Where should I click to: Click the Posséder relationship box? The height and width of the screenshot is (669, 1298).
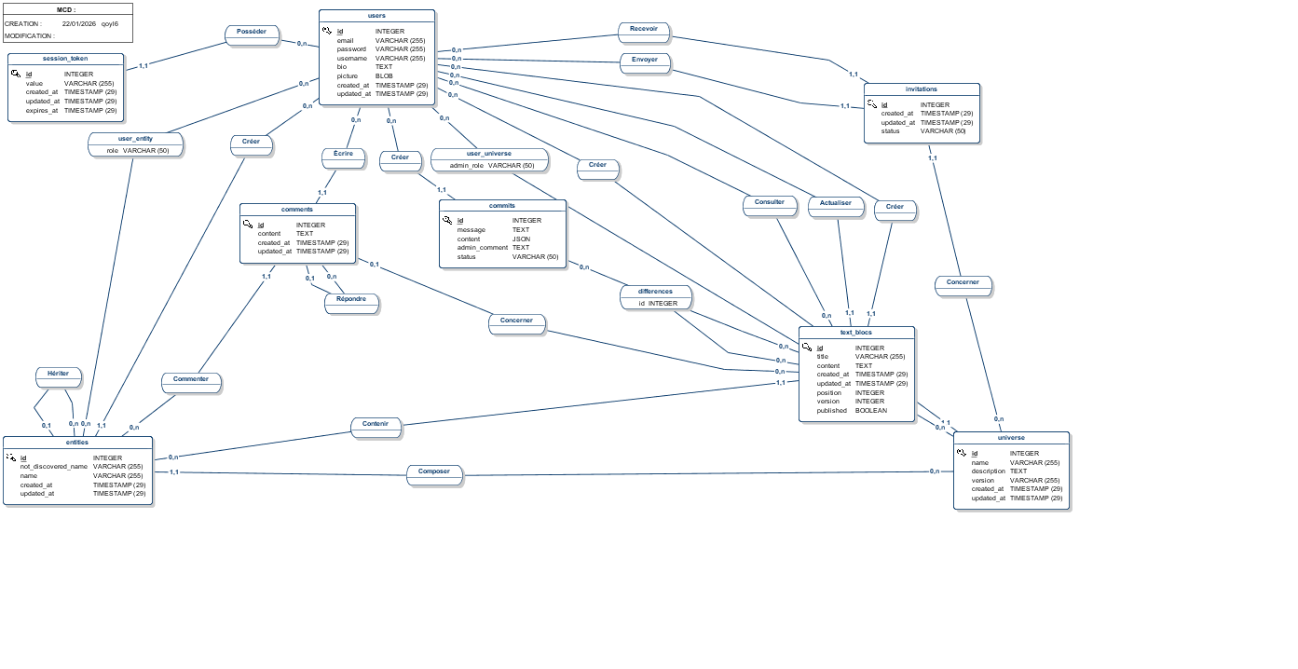click(x=253, y=35)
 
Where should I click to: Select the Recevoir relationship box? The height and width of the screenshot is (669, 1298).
click(x=644, y=33)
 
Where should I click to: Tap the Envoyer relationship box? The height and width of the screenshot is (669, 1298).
click(x=645, y=63)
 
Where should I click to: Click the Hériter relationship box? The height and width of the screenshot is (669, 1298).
click(x=59, y=377)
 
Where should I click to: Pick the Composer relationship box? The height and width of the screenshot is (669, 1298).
click(x=434, y=475)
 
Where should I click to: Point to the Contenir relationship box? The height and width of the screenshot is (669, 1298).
click(x=376, y=428)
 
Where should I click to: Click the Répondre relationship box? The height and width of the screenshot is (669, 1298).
click(x=351, y=303)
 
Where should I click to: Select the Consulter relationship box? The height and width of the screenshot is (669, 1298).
click(x=770, y=206)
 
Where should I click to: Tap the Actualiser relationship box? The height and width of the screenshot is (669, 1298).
click(x=836, y=207)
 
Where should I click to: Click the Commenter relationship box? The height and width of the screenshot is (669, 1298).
click(x=191, y=383)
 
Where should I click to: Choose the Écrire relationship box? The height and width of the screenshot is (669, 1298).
click(x=344, y=157)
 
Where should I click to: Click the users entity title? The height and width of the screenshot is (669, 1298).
click(x=376, y=16)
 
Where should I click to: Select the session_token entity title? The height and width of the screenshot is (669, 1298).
click(x=65, y=59)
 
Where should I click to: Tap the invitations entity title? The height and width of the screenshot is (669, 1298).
click(x=922, y=89)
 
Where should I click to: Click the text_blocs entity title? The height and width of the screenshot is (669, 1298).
click(x=856, y=333)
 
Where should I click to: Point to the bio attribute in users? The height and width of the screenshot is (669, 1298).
click(x=342, y=67)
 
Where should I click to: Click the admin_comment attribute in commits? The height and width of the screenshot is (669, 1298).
click(x=482, y=248)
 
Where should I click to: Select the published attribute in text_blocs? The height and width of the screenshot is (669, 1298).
click(x=831, y=411)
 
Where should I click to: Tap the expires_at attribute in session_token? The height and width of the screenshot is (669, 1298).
click(x=42, y=111)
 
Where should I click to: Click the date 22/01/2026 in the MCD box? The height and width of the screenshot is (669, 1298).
click(x=79, y=23)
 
